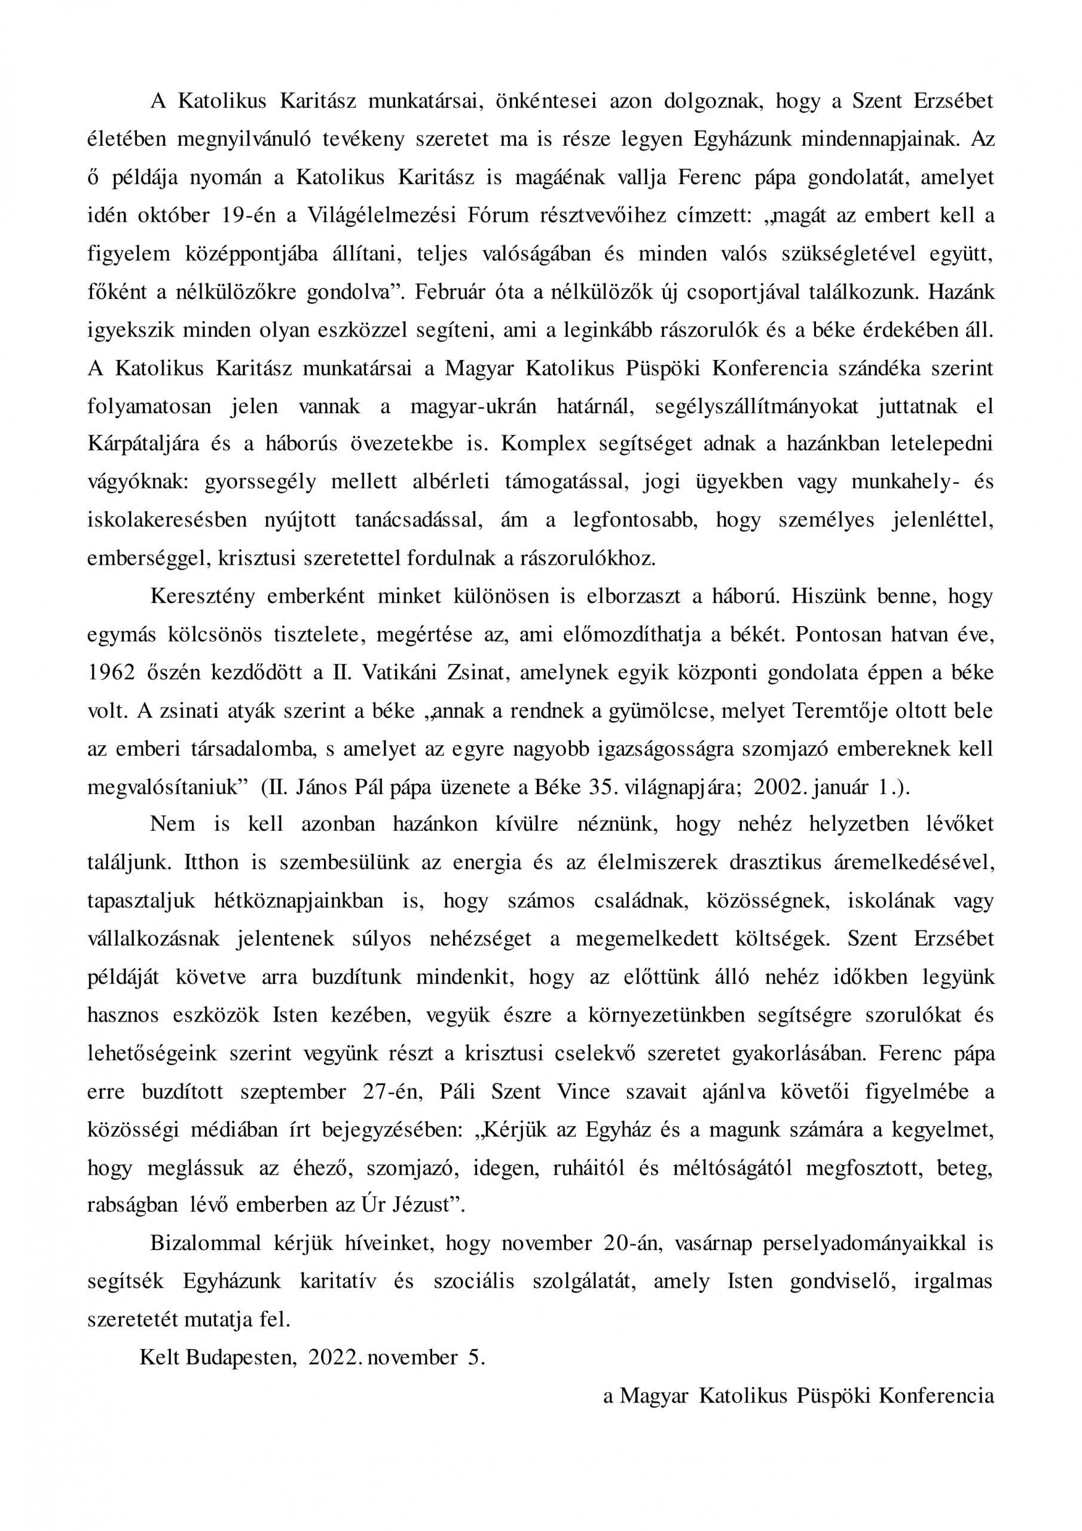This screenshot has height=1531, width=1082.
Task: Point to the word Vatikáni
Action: tap(404, 672)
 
